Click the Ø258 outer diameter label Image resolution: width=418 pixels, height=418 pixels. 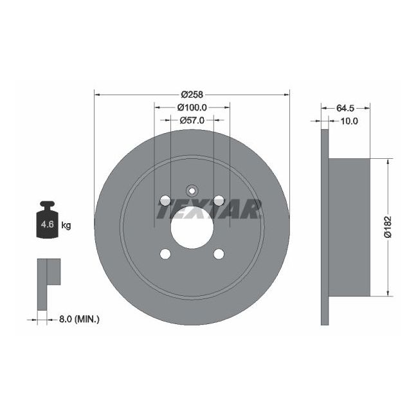pos(191,94)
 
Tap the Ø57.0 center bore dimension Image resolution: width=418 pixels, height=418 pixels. pos(192,120)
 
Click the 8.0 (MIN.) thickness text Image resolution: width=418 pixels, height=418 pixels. pos(78,318)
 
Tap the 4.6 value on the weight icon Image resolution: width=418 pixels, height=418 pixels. pos(47,225)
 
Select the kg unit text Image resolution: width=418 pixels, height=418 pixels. pos(66,225)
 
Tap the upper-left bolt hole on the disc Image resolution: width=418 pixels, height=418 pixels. pos(165,201)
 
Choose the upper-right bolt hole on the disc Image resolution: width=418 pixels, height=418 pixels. pos(219,201)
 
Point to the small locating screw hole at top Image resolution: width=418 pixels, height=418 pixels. pos(192,190)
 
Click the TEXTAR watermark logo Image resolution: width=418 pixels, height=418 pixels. pos(208,209)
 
